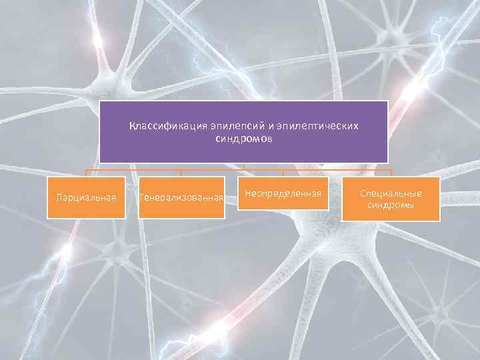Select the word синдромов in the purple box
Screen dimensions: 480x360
pyautogui.click(x=244, y=139)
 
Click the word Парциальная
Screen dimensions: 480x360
pyautogui.click(x=87, y=197)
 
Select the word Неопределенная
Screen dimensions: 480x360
pyautogui.click(x=284, y=193)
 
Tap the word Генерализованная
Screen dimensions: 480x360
pyautogui.click(x=181, y=198)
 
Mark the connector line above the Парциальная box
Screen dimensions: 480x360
pyautogui.click(x=87, y=173)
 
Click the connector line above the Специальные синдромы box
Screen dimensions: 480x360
pyautogui.click(x=391, y=173)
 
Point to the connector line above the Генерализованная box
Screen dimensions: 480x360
pyautogui.click(x=181, y=173)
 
